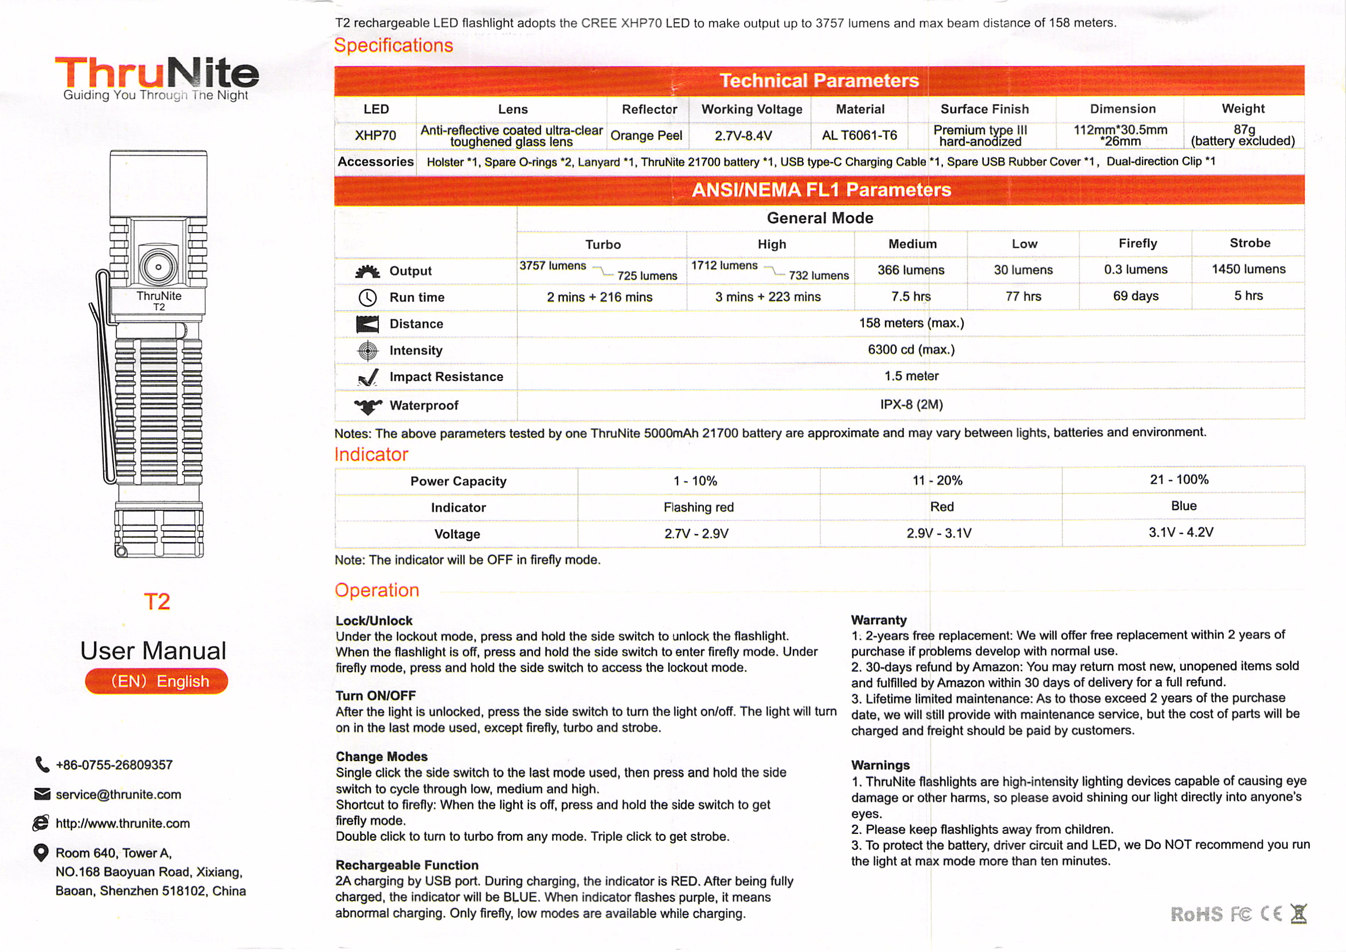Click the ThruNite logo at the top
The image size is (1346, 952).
pyautogui.click(x=156, y=75)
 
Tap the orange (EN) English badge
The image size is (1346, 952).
pyautogui.click(x=156, y=680)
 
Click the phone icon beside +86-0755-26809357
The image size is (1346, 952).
pyautogui.click(x=42, y=765)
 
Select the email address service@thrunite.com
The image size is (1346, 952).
pyautogui.click(x=119, y=794)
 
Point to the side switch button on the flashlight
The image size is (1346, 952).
pyautogui.click(x=158, y=267)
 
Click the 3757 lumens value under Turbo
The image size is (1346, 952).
pyautogui.click(x=552, y=265)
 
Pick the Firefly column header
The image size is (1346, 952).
pyautogui.click(x=1137, y=243)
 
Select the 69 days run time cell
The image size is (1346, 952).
pyautogui.click(x=1136, y=296)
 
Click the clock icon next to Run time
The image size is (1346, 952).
pyautogui.click(x=367, y=298)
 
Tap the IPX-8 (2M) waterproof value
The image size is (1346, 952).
pyautogui.click(x=911, y=405)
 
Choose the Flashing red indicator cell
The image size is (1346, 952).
pyautogui.click(x=698, y=507)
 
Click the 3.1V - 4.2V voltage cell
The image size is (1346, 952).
pyautogui.click(x=1181, y=532)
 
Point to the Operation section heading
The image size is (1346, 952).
pyautogui.click(x=377, y=590)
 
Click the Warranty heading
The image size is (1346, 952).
pyautogui.click(x=879, y=620)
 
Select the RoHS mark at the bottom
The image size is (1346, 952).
pyautogui.click(x=1196, y=914)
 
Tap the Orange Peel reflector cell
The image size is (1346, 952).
pyautogui.click(x=646, y=135)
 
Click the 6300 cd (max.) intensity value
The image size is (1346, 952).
pyautogui.click(x=911, y=350)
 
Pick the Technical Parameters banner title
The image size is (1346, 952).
pyautogui.click(x=819, y=80)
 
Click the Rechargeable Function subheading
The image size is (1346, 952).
pyautogui.click(x=407, y=865)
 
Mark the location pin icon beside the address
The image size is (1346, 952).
pyautogui.click(x=41, y=852)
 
